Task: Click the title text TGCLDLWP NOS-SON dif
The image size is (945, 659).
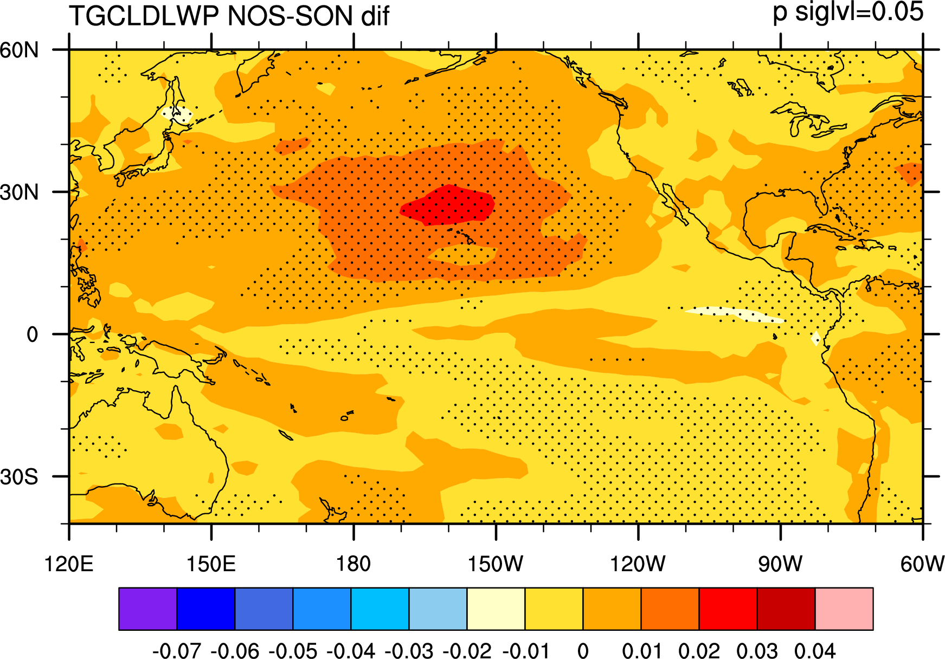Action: (229, 16)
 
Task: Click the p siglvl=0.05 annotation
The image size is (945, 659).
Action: (848, 12)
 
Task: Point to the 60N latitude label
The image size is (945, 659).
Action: (20, 50)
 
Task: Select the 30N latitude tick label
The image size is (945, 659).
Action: (20, 192)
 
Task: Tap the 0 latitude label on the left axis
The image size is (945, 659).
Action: (33, 334)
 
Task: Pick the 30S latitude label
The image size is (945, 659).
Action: (20, 477)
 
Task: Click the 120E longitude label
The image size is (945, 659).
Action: (69, 564)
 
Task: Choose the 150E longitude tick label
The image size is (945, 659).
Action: (211, 564)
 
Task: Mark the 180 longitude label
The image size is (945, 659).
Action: (353, 564)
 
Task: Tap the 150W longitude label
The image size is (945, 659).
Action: (496, 564)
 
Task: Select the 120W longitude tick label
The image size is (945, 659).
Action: (638, 564)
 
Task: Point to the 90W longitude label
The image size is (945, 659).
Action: (780, 564)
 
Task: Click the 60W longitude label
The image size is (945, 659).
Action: (922, 564)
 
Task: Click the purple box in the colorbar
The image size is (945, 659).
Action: (148, 609)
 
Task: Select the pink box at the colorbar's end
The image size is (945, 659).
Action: (844, 609)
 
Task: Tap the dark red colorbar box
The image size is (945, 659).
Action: (786, 609)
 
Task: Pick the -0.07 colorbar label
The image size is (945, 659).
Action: (177, 650)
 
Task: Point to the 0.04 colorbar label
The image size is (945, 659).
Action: (815, 650)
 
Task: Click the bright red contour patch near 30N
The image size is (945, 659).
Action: (448, 205)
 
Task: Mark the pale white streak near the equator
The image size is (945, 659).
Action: (735, 314)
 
